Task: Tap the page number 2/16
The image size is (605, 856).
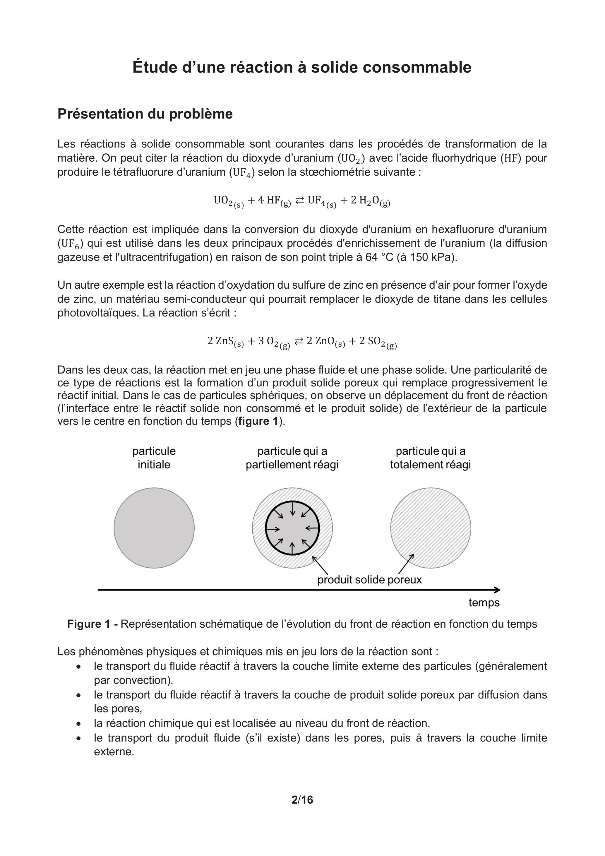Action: tap(302, 800)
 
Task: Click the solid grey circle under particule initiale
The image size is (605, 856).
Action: tap(154, 528)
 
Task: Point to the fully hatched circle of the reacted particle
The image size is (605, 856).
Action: tap(431, 528)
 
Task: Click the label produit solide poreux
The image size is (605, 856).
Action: tap(369, 580)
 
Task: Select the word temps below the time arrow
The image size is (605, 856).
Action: tap(484, 602)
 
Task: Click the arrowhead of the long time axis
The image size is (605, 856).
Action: tap(497, 590)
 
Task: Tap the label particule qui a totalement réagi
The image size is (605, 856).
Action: tap(431, 458)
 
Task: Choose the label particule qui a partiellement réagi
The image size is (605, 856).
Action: tap(292, 458)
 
